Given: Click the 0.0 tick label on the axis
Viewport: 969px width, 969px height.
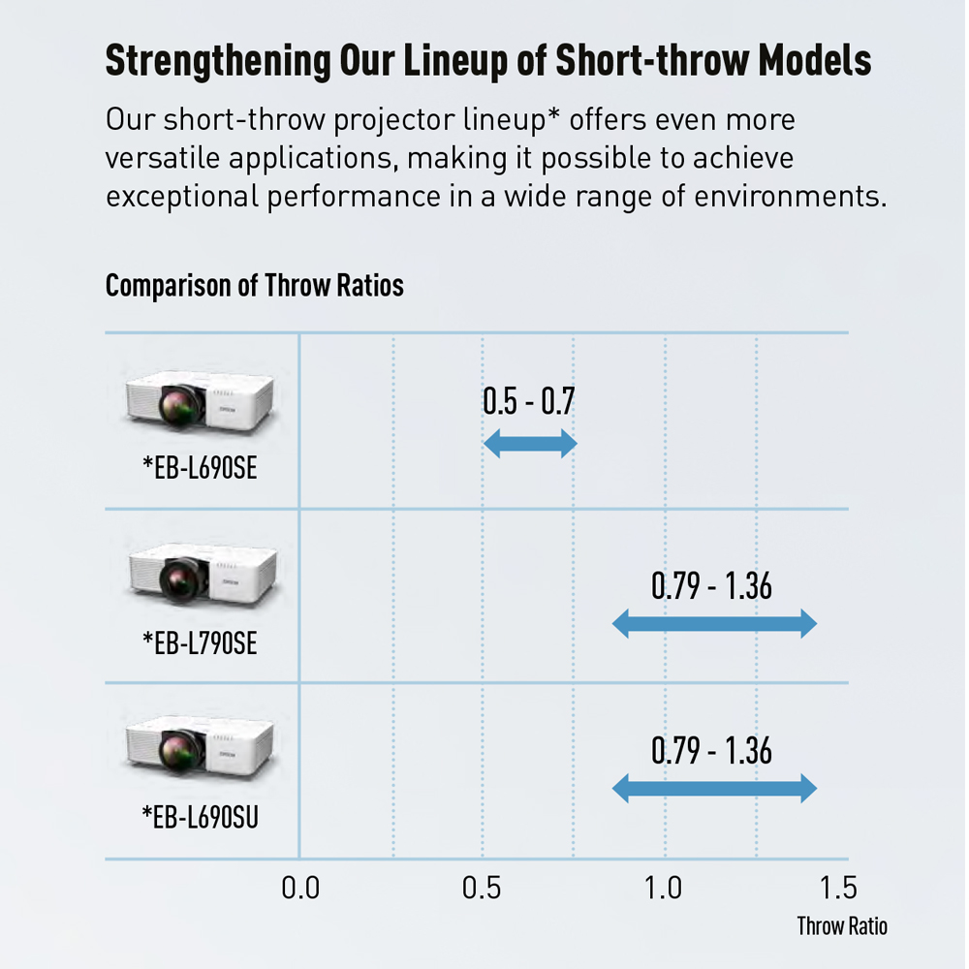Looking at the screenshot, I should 300,889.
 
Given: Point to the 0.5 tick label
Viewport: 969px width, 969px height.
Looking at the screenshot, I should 482,889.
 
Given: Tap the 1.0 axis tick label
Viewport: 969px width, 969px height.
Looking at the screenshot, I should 664,889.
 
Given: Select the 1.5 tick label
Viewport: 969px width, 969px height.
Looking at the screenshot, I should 837,889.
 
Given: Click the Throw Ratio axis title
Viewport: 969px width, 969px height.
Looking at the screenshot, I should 841,926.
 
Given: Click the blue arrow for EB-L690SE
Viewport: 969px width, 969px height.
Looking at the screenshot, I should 530,445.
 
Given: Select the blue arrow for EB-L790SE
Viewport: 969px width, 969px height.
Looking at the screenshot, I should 714,625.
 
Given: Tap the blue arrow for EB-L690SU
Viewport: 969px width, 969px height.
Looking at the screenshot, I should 714,789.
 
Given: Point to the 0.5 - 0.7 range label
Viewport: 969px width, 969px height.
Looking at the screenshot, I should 528,401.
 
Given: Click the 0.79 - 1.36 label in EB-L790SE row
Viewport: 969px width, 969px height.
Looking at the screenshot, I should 711,585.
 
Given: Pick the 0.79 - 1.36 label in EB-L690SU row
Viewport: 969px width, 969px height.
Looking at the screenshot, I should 711,751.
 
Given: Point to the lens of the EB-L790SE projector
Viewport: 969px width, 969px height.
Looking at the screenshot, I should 181,582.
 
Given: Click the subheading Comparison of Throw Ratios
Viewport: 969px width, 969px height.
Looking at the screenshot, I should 254,286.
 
